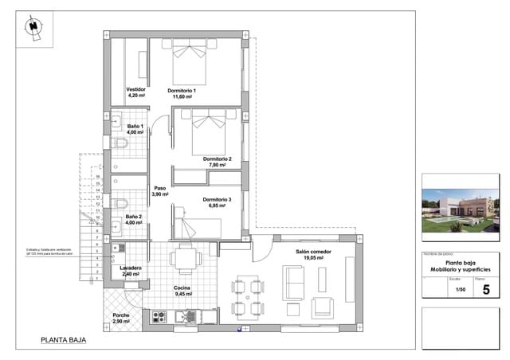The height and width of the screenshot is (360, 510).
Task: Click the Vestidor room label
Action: point(135,89)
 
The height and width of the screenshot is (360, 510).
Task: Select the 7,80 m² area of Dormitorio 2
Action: point(218,166)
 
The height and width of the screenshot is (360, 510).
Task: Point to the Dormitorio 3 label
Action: point(217,199)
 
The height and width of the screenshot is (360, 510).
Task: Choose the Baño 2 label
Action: point(134,217)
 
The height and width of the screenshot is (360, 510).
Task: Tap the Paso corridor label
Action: point(159,189)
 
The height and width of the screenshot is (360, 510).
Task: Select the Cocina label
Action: point(183,288)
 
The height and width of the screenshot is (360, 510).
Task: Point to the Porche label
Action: point(121,315)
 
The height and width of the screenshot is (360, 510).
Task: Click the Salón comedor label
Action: point(313,252)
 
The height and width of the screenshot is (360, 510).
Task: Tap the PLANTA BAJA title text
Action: point(63,340)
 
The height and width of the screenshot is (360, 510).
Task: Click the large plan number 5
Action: point(486,290)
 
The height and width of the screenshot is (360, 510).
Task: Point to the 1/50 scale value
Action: point(460,290)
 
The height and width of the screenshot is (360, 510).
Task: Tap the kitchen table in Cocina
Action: point(186,256)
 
